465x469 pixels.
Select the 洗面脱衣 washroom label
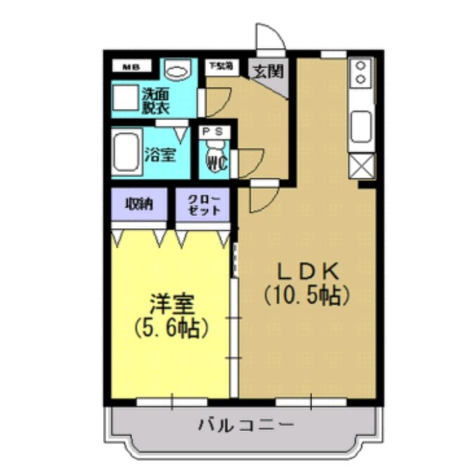(155, 101)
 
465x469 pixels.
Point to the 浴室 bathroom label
(159, 154)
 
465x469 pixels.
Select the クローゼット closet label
(202, 204)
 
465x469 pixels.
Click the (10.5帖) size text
(308, 295)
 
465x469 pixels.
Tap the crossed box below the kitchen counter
(361, 167)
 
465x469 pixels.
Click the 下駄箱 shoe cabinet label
(220, 66)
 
